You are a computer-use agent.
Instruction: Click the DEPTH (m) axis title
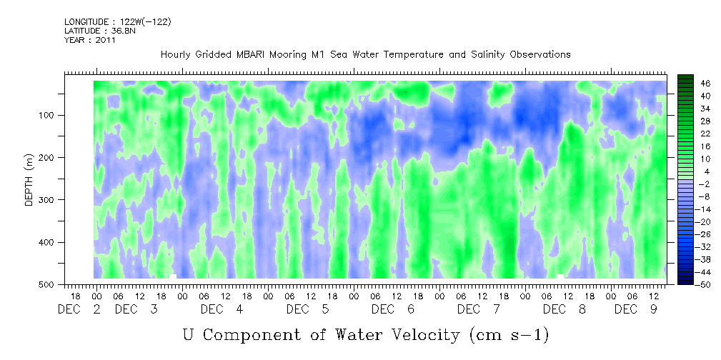(x=29, y=180)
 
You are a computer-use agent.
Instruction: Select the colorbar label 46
(x=706, y=84)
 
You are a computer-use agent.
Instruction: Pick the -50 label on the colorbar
(x=704, y=284)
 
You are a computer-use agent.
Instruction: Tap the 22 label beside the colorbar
(x=706, y=136)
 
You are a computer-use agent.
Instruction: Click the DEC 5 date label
(x=307, y=309)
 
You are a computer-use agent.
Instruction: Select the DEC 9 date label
(x=637, y=309)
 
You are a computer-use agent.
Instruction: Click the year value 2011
(x=106, y=40)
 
